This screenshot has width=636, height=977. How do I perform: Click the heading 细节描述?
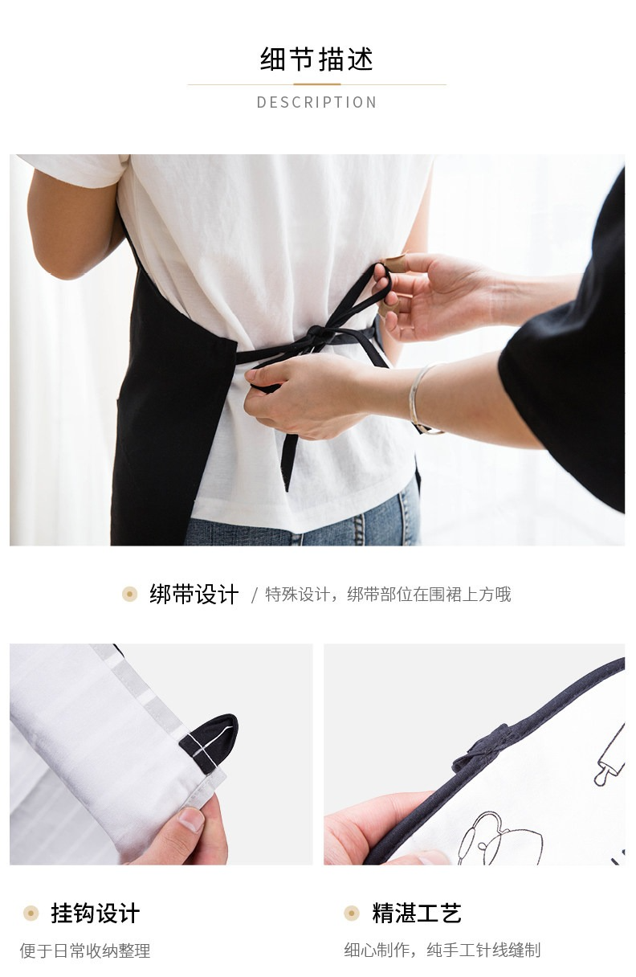click(x=317, y=59)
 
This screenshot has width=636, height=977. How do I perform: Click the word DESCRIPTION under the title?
click(x=317, y=103)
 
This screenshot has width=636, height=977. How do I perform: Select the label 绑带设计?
click(x=194, y=595)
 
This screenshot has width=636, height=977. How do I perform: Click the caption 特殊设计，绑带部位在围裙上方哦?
click(x=388, y=595)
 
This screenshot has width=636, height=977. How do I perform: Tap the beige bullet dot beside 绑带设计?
click(x=129, y=594)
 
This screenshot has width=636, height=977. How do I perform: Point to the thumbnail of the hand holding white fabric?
click(x=161, y=754)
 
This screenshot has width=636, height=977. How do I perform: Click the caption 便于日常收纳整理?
click(x=85, y=950)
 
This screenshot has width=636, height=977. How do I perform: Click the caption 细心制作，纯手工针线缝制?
click(x=442, y=950)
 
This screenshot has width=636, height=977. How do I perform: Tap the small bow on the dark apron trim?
click(x=482, y=746)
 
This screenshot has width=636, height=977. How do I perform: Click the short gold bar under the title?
click(x=317, y=84)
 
